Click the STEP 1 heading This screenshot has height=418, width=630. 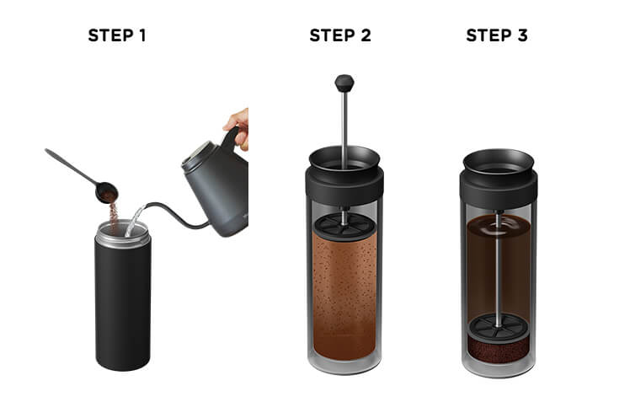pos(117,35)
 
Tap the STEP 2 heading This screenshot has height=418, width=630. pos(340,35)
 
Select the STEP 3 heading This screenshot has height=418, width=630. pos(497,35)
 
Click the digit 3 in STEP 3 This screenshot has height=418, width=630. pos(522,35)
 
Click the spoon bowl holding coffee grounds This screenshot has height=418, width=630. pos(107,192)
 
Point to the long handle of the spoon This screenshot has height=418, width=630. pos(70,165)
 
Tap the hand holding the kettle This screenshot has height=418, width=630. pos(238,128)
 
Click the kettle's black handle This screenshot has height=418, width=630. pos(230,140)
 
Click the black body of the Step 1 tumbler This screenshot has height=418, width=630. pos(122,305)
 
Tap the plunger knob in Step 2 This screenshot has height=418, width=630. pos(344,83)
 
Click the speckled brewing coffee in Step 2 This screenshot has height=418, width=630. pos(344,297)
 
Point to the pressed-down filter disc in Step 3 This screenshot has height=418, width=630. pos(498,328)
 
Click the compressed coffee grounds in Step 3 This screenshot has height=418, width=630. pos(498,350)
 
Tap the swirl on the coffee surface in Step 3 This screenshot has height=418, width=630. pos(499,228)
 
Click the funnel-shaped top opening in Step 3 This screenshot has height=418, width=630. pos(499,161)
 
